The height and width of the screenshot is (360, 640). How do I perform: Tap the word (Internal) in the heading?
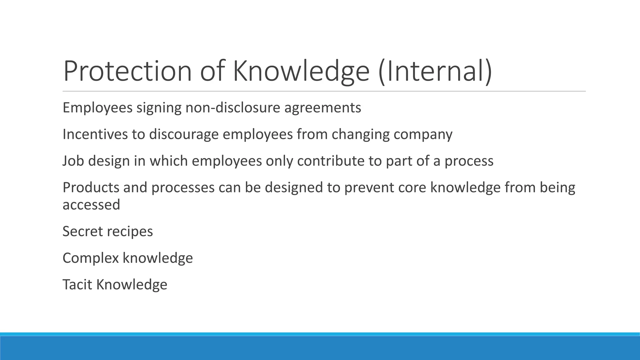pyautogui.click(x=435, y=71)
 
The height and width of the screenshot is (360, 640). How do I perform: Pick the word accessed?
pyautogui.click(x=91, y=205)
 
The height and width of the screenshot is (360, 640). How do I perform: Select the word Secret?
pyautogui.click(x=82, y=232)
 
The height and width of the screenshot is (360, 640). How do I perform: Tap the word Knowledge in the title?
pyautogui.click(x=301, y=71)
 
